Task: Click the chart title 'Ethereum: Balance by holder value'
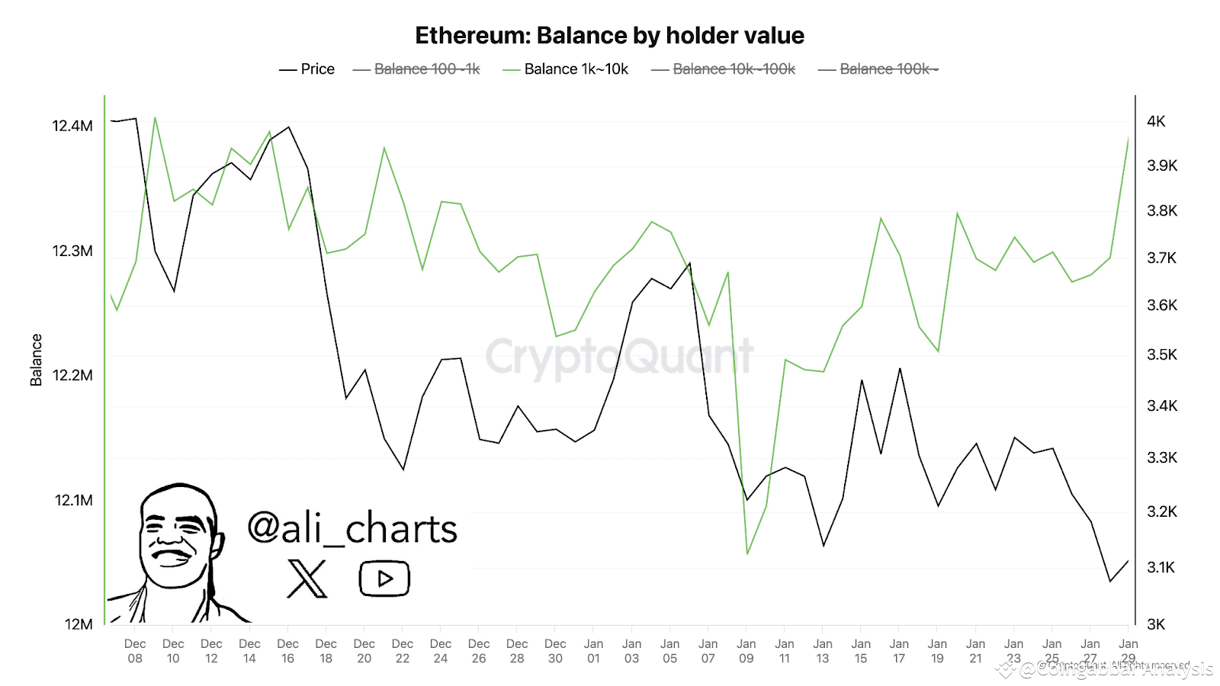tap(609, 36)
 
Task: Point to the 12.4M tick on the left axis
tap(72, 126)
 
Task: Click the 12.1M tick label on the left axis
tap(73, 500)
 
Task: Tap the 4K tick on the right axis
tap(1156, 121)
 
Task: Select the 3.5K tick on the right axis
tap(1162, 354)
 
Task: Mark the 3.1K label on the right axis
tap(1161, 567)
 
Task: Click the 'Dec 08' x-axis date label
tap(135, 651)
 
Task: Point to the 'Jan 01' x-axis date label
tap(593, 651)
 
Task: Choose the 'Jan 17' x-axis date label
tap(899, 651)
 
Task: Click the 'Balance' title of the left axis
tap(36, 360)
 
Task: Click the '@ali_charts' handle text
tap(352, 528)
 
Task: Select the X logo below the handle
tap(307, 579)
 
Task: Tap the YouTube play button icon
tap(384, 579)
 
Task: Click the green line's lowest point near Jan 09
tap(747, 553)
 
